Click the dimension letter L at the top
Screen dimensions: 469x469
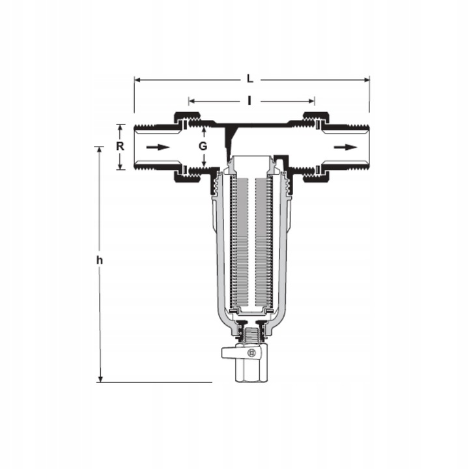(249, 79)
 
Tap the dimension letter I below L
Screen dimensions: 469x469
(249, 101)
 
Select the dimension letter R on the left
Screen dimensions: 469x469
(120, 147)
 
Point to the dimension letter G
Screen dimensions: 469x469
(203, 147)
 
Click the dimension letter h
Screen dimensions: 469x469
(99, 260)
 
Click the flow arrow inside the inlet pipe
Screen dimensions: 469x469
(158, 147)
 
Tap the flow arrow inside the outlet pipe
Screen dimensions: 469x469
(345, 147)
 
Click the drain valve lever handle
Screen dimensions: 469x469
(232, 352)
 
